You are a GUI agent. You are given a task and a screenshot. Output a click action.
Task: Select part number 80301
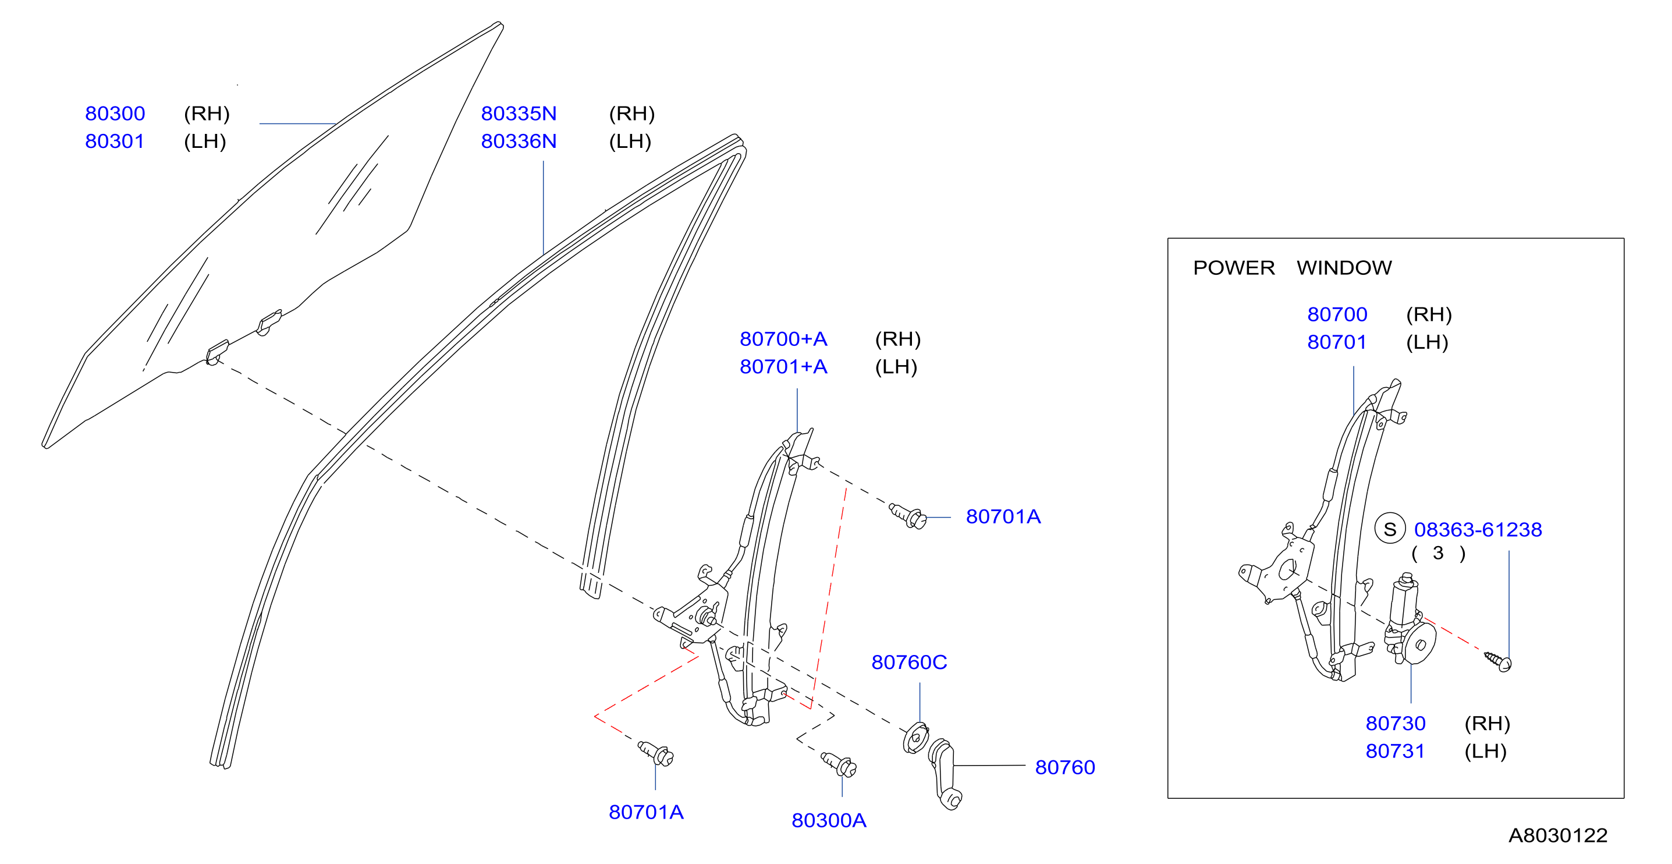pos(115,141)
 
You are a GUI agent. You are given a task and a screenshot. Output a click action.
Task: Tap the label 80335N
pos(519,114)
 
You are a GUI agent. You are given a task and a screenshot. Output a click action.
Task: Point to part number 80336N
pos(519,141)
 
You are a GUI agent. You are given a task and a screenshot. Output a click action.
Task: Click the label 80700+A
pos(783,339)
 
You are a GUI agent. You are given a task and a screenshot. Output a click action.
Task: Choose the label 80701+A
pos(783,367)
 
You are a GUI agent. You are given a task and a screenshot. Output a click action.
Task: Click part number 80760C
pos(910,662)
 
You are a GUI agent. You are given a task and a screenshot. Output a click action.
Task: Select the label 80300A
pos(829,820)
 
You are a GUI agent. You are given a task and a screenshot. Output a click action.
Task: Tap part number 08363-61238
pos(1478,530)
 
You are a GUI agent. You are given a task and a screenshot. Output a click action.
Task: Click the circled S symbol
pos(1390,529)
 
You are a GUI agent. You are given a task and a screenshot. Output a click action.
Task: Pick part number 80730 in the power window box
pos(1396,723)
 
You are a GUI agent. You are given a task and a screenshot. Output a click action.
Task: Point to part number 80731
pos(1396,751)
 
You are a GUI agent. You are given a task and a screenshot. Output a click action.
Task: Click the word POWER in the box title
pos(1234,268)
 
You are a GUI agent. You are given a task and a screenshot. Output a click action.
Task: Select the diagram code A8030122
pos(1558,835)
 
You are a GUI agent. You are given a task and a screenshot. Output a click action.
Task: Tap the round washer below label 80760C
pos(916,738)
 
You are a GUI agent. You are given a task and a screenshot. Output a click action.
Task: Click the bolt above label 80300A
pos(839,764)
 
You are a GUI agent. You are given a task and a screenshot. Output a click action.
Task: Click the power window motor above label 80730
pos(1409,620)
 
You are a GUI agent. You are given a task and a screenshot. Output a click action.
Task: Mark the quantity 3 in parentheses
pos(1438,553)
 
